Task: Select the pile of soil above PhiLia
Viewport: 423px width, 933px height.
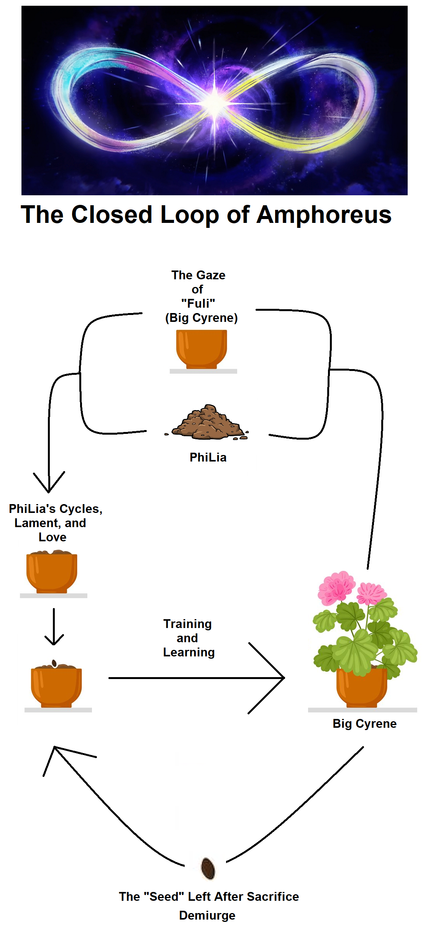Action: point(208,423)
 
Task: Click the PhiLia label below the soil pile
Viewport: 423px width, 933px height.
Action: point(208,457)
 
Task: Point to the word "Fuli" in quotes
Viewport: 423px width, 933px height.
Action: point(198,303)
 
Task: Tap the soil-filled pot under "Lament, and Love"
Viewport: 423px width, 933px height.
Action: point(52,572)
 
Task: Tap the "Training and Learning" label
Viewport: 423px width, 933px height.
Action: point(188,638)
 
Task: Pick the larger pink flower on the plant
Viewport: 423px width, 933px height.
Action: point(336,588)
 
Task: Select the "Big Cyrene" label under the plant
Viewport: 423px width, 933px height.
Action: point(364,724)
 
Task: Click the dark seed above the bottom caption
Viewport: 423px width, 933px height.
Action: point(208,868)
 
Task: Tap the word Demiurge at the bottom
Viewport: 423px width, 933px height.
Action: point(207,915)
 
